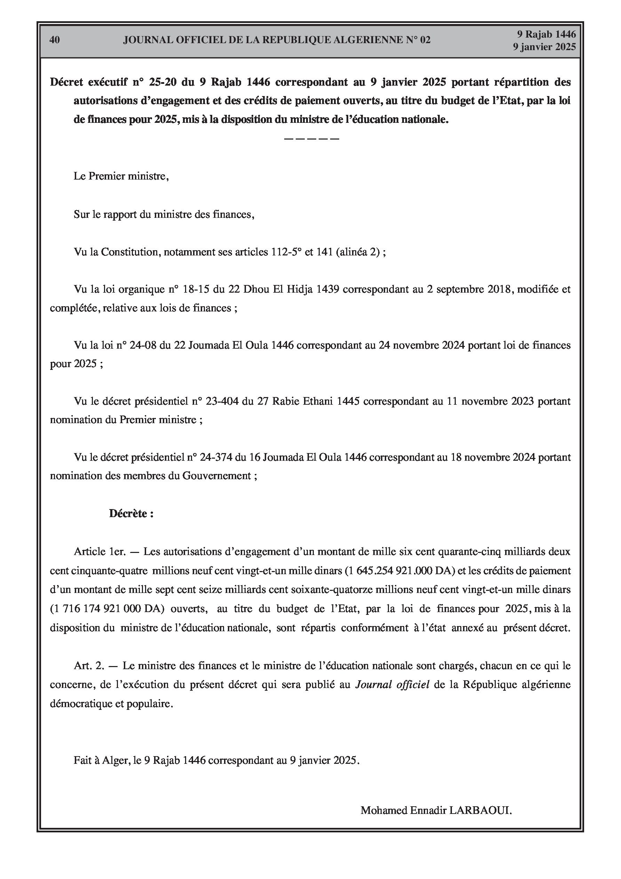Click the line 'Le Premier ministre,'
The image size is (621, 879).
[x=121, y=176]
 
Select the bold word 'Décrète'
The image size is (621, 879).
[x=128, y=513]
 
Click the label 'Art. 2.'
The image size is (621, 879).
[x=89, y=665]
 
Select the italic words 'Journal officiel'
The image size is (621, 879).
[x=392, y=684]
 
